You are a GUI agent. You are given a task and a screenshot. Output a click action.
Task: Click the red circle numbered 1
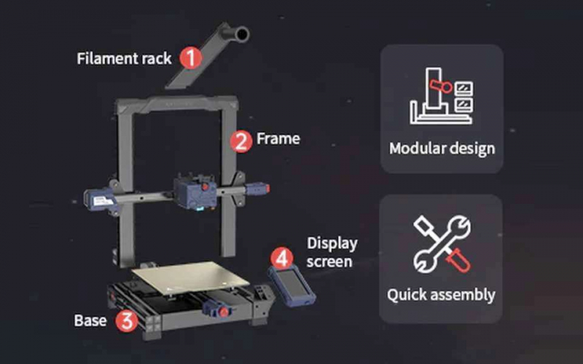point(191,58)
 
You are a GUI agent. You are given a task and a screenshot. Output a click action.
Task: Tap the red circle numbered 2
point(241,141)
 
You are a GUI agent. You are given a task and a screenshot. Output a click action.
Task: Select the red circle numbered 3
point(127,321)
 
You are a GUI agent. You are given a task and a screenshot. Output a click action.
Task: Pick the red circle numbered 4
point(282,258)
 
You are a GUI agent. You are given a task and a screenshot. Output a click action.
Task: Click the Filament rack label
point(124,59)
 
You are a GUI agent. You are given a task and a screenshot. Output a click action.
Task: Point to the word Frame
point(278,138)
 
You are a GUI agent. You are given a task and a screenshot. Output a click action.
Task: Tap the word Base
point(90,320)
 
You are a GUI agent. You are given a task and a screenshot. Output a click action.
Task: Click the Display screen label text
point(332,253)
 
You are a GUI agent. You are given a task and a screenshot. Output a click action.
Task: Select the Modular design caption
point(442,149)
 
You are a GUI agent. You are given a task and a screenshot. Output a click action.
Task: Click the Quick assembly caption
point(441,295)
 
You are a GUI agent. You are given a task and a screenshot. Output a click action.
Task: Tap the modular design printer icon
point(442,96)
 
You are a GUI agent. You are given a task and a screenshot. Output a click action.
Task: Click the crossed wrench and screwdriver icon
point(442,244)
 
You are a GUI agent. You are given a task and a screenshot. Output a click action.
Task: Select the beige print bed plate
point(190,278)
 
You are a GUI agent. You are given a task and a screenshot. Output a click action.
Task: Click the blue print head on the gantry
point(195,192)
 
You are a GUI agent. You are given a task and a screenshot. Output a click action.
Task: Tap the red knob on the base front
point(224,312)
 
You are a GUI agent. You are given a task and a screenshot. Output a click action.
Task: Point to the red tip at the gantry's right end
point(267,189)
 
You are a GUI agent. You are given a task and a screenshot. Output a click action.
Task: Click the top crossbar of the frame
point(177,103)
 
